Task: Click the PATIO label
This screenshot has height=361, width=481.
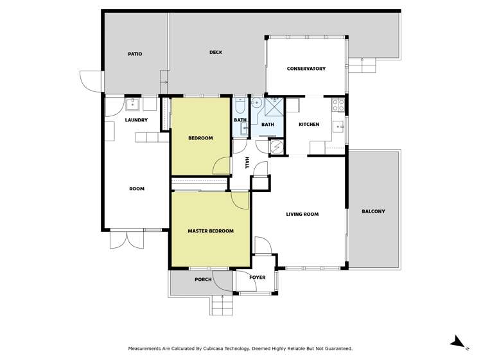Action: (134, 54)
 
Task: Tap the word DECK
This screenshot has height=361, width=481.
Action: (216, 53)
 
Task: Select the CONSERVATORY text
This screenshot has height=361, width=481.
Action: (306, 69)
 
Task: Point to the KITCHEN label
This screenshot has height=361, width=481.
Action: (309, 125)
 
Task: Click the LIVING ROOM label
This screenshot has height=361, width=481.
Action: (302, 215)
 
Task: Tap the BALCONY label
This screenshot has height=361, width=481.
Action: (373, 211)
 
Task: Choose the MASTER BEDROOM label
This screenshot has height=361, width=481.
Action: (210, 231)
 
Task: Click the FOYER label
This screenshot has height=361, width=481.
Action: (257, 277)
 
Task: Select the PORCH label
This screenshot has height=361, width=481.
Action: (203, 279)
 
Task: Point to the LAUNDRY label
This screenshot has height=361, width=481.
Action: (136, 120)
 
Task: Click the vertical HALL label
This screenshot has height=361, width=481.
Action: (247, 163)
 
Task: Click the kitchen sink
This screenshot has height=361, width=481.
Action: (338, 126)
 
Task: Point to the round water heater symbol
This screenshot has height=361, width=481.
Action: (277, 146)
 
